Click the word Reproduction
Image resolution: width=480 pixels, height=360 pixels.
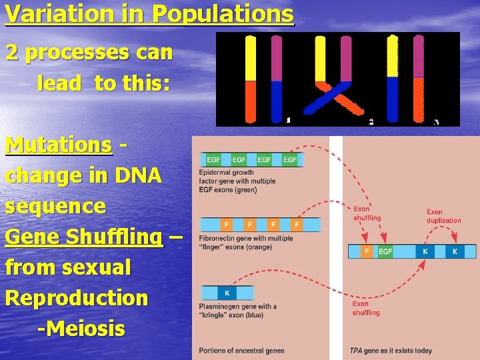[x=76, y=298]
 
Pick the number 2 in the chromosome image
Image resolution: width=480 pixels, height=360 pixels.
[x=371, y=121]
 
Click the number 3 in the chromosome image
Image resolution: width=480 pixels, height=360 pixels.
[x=436, y=121]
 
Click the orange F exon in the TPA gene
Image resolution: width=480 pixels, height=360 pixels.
[x=366, y=251]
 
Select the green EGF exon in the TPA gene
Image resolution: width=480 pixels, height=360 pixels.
[x=385, y=251]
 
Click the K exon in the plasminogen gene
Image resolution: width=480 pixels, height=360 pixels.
[x=227, y=293]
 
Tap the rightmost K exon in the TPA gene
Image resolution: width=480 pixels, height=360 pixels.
[x=455, y=251]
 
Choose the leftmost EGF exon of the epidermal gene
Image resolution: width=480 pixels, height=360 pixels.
[x=214, y=160]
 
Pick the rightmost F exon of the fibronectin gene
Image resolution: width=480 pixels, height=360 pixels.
[x=296, y=225]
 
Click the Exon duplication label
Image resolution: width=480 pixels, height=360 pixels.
[x=443, y=216]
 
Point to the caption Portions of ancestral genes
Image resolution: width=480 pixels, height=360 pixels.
[x=241, y=351]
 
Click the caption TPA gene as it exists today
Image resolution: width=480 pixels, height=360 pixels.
[x=391, y=351]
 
